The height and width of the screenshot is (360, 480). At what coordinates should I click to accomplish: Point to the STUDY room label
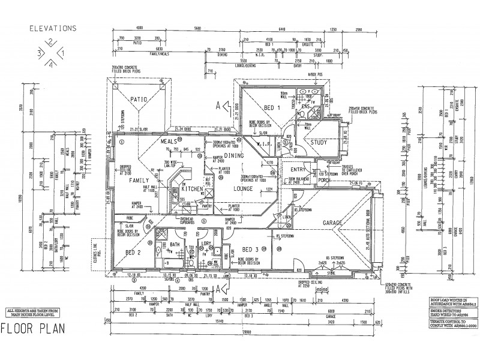click(x=320, y=142)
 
